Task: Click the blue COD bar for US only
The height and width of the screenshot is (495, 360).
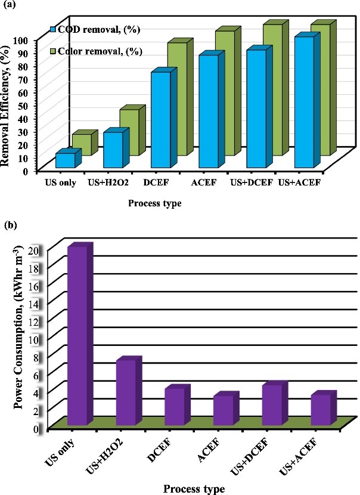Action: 65,160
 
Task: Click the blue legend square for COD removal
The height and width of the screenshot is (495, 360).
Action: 54,29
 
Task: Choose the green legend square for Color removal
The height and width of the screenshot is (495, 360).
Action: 54,51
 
